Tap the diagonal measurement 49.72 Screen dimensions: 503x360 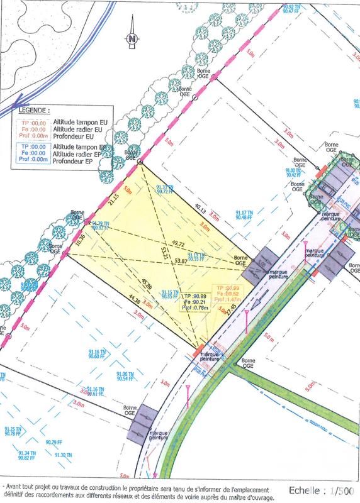(x=177, y=243)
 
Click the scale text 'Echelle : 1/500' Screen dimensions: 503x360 (x=318, y=490)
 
